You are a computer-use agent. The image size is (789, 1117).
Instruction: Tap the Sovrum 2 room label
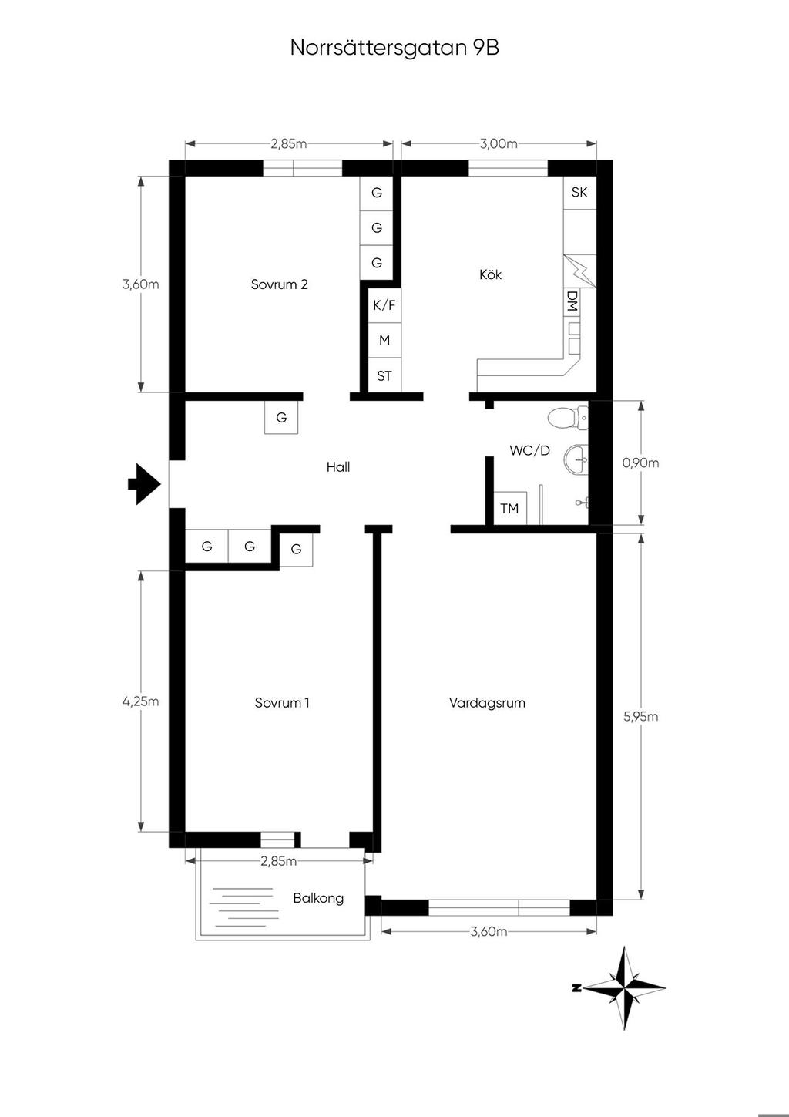point(279,284)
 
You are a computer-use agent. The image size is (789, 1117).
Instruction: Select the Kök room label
point(491,274)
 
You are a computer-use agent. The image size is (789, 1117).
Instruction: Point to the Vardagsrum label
point(487,702)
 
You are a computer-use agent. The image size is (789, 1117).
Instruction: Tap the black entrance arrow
point(144,483)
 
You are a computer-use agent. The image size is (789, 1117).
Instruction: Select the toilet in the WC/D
point(568,418)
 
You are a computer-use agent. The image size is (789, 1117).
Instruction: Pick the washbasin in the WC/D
point(576,458)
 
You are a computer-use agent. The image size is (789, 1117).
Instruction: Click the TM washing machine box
point(509,508)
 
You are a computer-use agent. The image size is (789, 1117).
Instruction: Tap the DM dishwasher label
point(572,301)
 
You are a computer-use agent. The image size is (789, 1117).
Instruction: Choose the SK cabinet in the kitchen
point(579,193)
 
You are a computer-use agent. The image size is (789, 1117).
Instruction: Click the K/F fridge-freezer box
point(384,304)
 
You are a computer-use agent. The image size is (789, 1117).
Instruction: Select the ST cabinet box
point(384,375)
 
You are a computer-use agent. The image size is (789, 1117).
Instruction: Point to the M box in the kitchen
point(384,340)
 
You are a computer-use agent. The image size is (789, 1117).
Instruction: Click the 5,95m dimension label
point(640,717)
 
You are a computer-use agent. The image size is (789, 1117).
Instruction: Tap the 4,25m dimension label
point(140,701)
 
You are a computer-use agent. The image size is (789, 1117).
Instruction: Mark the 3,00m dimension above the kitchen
point(499,144)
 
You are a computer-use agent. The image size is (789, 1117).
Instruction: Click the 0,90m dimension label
point(640,463)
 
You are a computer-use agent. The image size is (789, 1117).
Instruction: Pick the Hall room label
point(338,466)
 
